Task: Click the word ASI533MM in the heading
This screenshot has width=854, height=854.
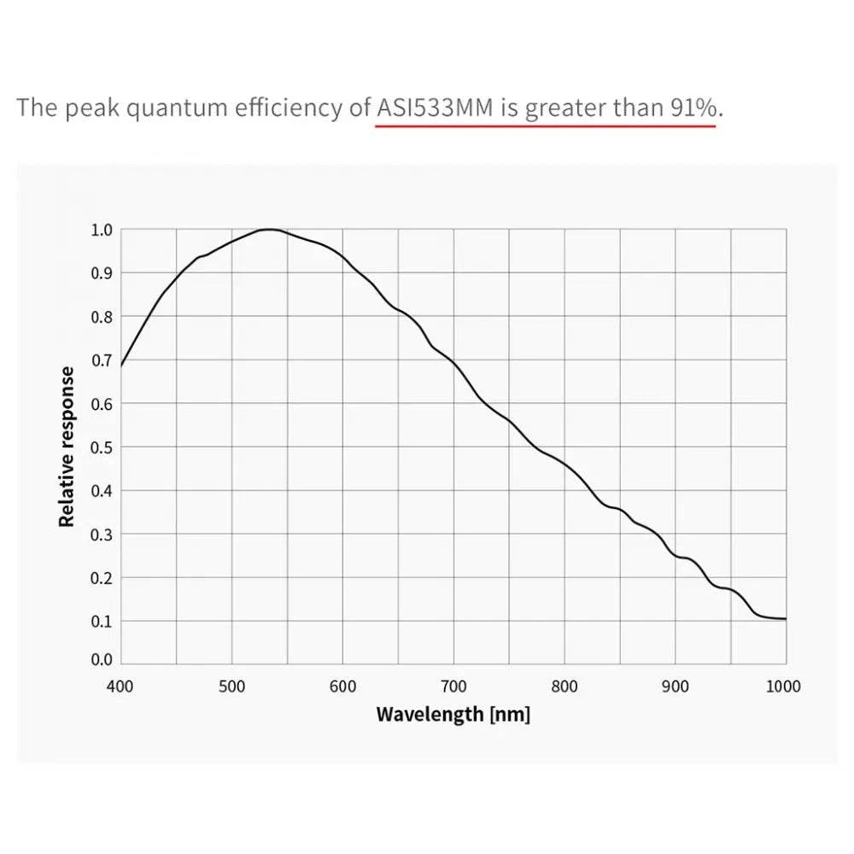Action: click(x=436, y=108)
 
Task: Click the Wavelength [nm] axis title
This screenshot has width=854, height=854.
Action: click(x=453, y=714)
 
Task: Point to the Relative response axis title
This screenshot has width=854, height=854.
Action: click(x=67, y=446)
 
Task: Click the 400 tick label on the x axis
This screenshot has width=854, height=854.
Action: click(x=120, y=686)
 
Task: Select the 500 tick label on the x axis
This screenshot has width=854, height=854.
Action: click(x=231, y=686)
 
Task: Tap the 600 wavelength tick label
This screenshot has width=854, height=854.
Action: click(x=342, y=686)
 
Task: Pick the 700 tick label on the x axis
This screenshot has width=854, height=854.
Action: click(x=453, y=686)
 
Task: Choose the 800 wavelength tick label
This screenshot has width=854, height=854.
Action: click(x=564, y=686)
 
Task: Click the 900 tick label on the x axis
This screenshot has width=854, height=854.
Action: click(x=676, y=686)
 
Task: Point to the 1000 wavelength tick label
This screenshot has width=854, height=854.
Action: click(x=784, y=686)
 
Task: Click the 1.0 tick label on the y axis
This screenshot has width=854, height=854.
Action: click(x=102, y=230)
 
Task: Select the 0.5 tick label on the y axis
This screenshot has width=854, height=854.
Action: click(x=102, y=447)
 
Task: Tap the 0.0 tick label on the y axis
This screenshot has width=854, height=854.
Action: click(x=102, y=659)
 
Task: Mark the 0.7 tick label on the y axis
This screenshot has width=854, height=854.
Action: click(x=102, y=360)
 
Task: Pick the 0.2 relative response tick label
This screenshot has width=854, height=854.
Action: click(x=102, y=577)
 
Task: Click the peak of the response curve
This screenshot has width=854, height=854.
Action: click(x=269, y=229)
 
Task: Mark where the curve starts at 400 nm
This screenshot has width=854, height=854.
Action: click(x=120, y=366)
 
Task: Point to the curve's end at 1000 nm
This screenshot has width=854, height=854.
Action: click(x=786, y=618)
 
